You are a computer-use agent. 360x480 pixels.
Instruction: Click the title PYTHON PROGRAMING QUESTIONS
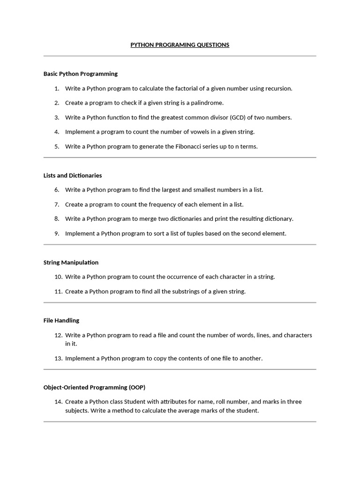pos(180,45)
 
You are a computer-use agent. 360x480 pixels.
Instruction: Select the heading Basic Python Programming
pos(81,74)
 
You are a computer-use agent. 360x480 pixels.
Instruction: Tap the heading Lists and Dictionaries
pos(73,175)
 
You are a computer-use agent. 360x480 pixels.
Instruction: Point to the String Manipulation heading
pos(71,262)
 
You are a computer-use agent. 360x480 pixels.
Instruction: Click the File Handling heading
pos(61,321)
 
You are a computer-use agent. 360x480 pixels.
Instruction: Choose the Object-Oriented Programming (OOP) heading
pos(94,387)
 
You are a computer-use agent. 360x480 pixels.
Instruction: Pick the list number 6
pos(57,190)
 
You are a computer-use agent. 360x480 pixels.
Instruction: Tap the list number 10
pos(58,277)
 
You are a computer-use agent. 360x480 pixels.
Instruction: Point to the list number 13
pos(58,359)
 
